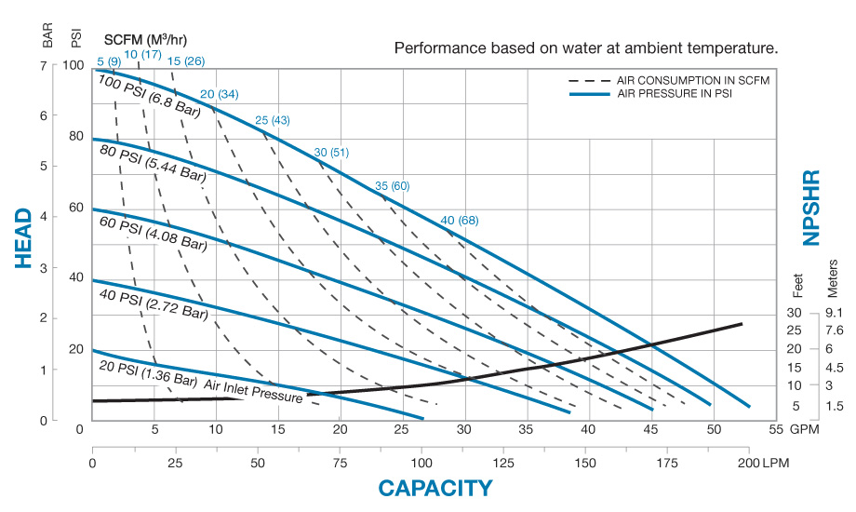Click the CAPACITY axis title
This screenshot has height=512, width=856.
tap(435, 488)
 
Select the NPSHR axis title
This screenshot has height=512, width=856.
tap(811, 207)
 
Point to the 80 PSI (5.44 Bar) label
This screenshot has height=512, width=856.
tap(154, 161)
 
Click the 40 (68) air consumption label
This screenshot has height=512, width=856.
tap(460, 220)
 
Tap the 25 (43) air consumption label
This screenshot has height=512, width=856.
tap(273, 120)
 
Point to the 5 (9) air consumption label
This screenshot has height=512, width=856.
tap(108, 61)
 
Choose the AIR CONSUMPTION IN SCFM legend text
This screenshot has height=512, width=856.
tap(693, 81)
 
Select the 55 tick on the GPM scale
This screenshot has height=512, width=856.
tap(773, 429)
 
